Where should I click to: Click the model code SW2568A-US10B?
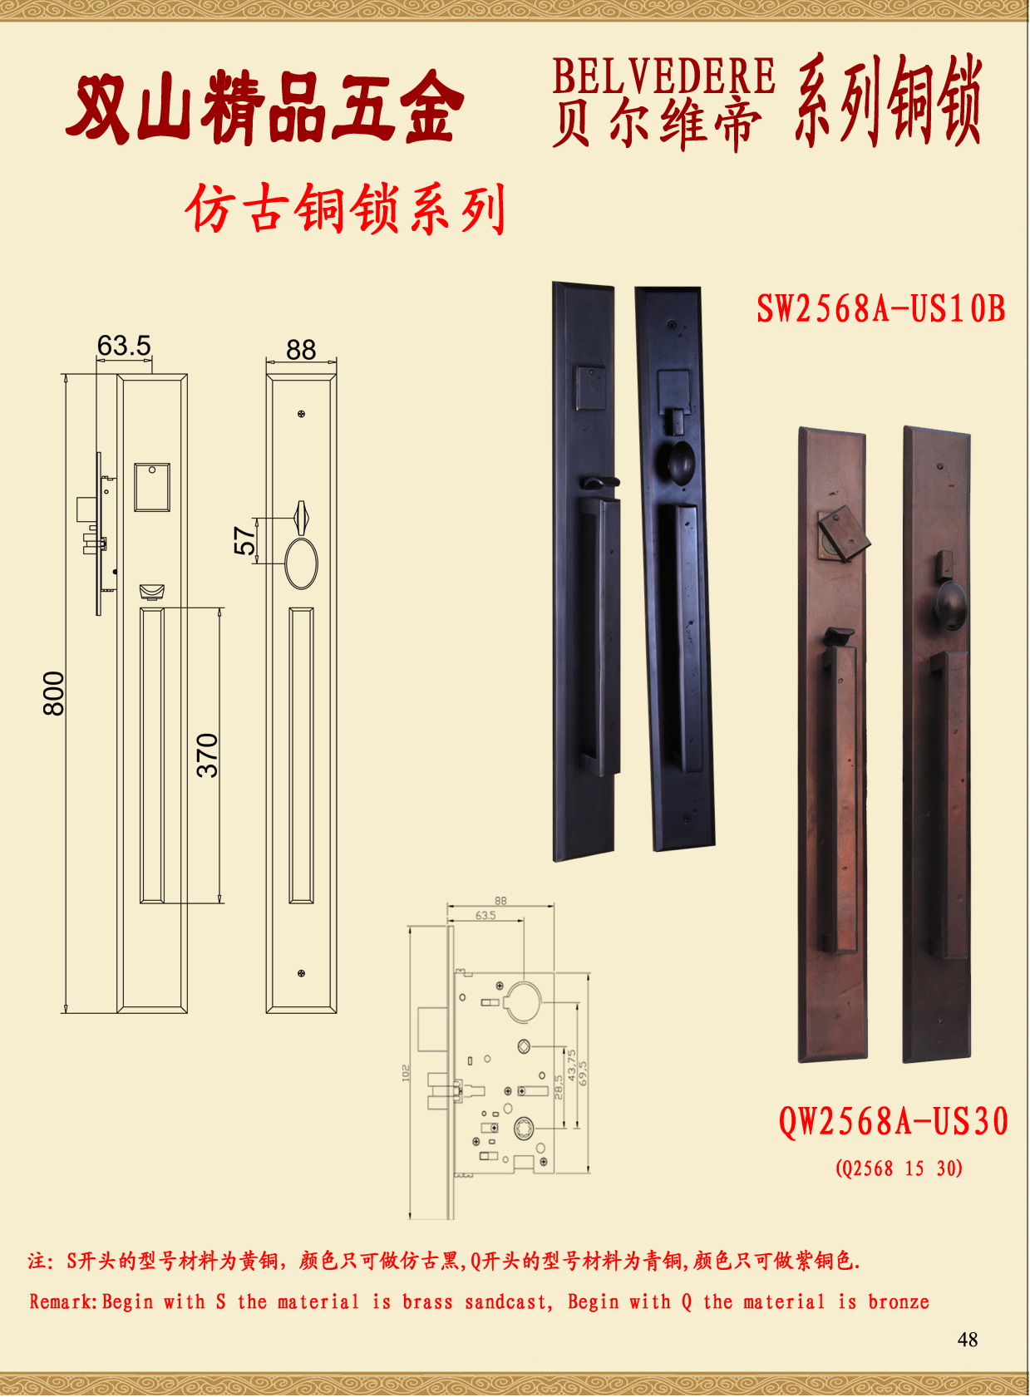(x=880, y=308)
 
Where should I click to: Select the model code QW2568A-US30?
(x=894, y=1121)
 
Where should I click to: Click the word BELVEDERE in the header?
(x=663, y=76)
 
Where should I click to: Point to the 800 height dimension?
(x=54, y=693)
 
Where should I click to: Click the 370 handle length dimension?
(x=208, y=755)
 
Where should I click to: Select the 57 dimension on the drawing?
(x=245, y=540)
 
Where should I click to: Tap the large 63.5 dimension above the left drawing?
(x=124, y=346)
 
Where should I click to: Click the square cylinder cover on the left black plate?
(x=591, y=386)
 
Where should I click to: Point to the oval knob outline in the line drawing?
(x=301, y=563)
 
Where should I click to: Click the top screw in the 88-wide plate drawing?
(x=301, y=414)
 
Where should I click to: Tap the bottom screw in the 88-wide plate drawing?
(x=301, y=973)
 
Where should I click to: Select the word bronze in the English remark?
(x=899, y=1301)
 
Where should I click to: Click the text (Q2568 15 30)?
(x=899, y=1168)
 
